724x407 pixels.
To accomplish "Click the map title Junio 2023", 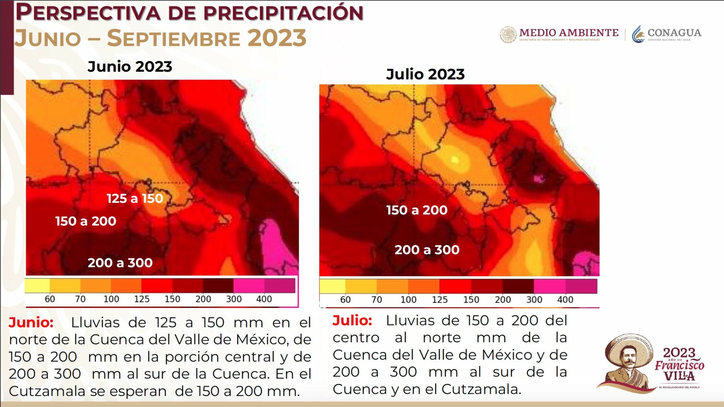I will point(130,66).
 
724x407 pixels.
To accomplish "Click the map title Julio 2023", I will point(425,74).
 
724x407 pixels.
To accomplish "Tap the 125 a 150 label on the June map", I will point(135,198).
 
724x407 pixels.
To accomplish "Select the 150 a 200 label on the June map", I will point(86,221).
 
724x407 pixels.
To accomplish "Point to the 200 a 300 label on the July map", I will point(427,250).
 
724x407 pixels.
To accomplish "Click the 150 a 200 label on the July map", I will point(416,210).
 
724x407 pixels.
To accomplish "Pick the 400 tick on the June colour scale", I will point(264,299).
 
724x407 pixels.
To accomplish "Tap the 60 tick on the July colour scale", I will point(345,300).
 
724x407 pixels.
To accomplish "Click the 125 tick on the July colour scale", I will point(439,300).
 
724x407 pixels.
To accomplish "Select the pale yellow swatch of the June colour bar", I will point(37,286).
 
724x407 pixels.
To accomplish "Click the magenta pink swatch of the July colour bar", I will point(549,286).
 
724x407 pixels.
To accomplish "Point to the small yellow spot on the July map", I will point(455,160).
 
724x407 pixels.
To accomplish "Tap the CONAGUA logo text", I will point(674,33).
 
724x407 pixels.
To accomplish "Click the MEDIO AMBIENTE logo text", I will point(568,33).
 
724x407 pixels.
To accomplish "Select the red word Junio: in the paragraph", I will point(31,322).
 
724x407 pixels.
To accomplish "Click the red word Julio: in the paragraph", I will point(352,320).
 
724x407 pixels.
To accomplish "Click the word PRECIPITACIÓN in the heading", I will point(283,13).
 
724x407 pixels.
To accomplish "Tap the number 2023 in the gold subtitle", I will point(276,38).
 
